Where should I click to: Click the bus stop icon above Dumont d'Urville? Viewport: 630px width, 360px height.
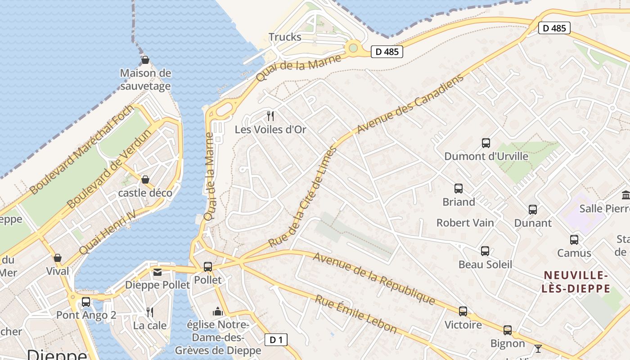(486, 143)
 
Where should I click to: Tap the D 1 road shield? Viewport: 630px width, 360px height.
(276, 340)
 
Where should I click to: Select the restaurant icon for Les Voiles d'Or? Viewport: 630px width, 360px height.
(270, 116)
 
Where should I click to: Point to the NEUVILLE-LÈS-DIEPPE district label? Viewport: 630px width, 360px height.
(576, 282)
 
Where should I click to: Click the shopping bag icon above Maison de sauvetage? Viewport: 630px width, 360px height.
(145, 60)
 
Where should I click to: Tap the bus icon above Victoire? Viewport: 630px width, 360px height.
(463, 311)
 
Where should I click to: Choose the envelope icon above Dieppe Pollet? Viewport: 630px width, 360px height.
(157, 272)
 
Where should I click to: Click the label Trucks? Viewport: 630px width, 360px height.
(285, 37)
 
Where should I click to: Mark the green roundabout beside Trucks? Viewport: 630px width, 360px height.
(353, 47)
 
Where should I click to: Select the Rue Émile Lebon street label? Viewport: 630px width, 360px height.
(355, 314)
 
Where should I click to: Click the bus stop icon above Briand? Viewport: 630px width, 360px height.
(459, 188)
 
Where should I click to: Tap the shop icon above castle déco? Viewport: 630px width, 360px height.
(145, 180)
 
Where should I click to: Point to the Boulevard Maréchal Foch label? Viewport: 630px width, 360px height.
(81, 150)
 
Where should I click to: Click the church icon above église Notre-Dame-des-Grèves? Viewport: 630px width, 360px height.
(218, 311)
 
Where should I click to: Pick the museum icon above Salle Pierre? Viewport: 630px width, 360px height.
(625, 195)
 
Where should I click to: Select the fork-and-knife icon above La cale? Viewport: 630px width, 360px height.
(150, 312)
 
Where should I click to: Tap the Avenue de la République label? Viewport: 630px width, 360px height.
(373, 278)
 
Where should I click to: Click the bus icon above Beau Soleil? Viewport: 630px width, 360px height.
(485, 251)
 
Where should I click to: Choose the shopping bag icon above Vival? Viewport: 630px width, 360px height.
(58, 258)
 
